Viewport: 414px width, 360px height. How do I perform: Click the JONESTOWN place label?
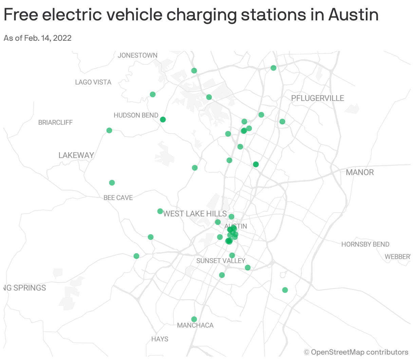(137, 55)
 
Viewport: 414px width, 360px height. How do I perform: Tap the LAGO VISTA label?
(93, 82)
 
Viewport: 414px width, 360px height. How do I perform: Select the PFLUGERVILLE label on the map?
(317, 98)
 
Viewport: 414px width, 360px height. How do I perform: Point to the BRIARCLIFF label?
(55, 123)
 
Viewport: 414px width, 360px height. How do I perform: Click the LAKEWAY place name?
(76, 155)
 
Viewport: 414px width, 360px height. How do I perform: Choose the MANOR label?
(360, 173)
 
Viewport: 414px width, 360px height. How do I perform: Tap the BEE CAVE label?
(118, 198)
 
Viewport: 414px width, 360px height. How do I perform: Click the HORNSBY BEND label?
(365, 244)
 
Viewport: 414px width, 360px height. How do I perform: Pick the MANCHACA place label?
(195, 325)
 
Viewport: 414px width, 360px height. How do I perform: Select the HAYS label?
(160, 339)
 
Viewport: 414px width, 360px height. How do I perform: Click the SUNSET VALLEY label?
(221, 261)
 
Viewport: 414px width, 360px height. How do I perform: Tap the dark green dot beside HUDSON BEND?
(163, 120)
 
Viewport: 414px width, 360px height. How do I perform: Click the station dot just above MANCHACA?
(194, 319)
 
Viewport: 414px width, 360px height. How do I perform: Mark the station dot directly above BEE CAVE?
(112, 183)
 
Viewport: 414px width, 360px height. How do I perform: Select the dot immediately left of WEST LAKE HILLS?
(160, 211)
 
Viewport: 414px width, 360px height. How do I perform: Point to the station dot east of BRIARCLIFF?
(109, 130)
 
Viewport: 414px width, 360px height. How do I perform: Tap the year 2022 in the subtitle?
(62, 38)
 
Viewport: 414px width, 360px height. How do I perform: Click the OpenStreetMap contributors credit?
(359, 352)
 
